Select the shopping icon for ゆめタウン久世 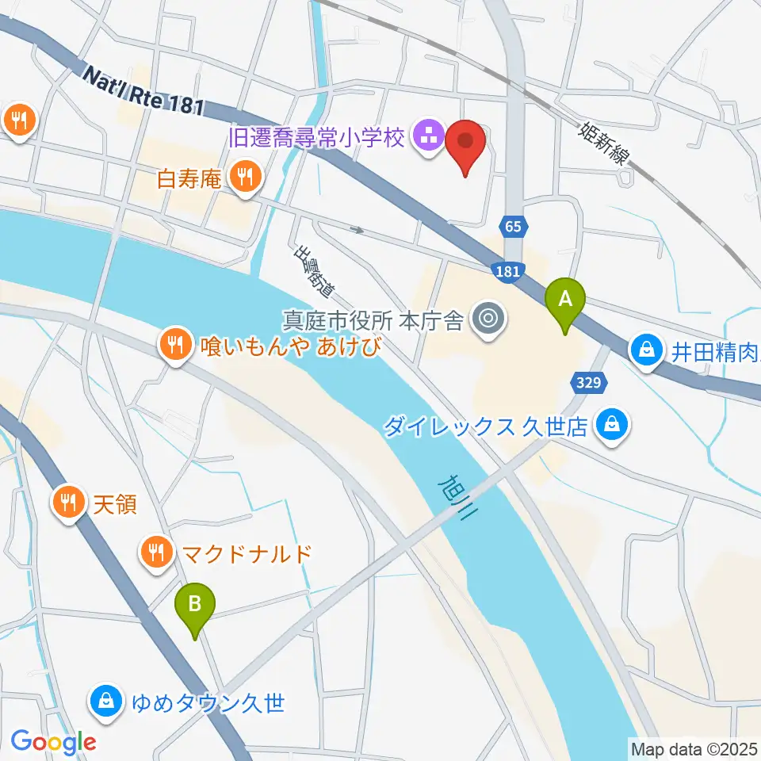105,701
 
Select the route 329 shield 587,383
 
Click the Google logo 53,742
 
